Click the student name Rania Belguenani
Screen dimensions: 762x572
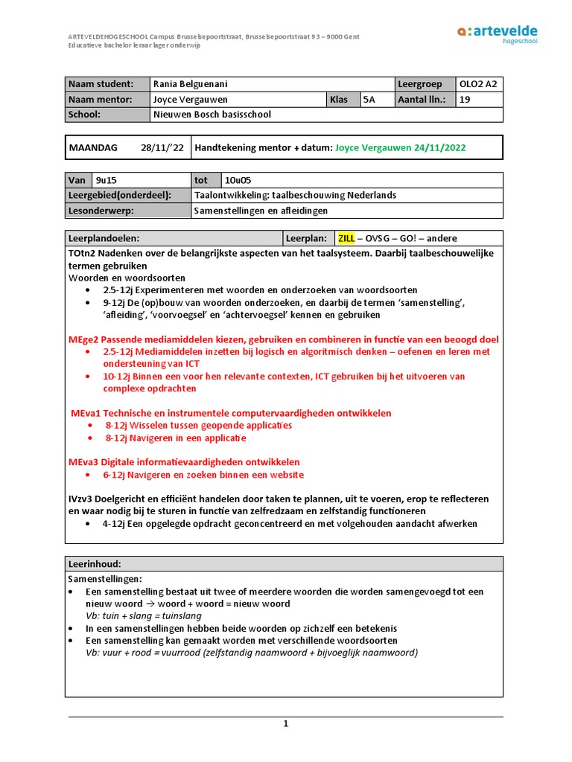[x=194, y=84]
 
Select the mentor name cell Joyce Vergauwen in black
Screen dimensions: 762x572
[x=191, y=100]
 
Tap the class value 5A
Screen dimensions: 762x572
[x=369, y=100]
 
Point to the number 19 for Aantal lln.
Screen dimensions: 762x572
[x=465, y=100]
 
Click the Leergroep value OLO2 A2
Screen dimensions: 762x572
[x=479, y=84]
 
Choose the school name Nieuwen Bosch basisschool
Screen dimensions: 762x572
[x=212, y=115]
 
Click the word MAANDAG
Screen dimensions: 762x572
[x=93, y=147]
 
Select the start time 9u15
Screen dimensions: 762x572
[x=104, y=180]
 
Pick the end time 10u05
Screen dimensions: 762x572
[x=236, y=180]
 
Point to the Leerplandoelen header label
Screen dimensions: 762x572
[x=104, y=238]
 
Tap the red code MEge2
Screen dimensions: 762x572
[x=83, y=339]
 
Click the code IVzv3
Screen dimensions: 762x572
[x=82, y=499]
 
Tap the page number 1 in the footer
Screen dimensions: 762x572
[x=285, y=724]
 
